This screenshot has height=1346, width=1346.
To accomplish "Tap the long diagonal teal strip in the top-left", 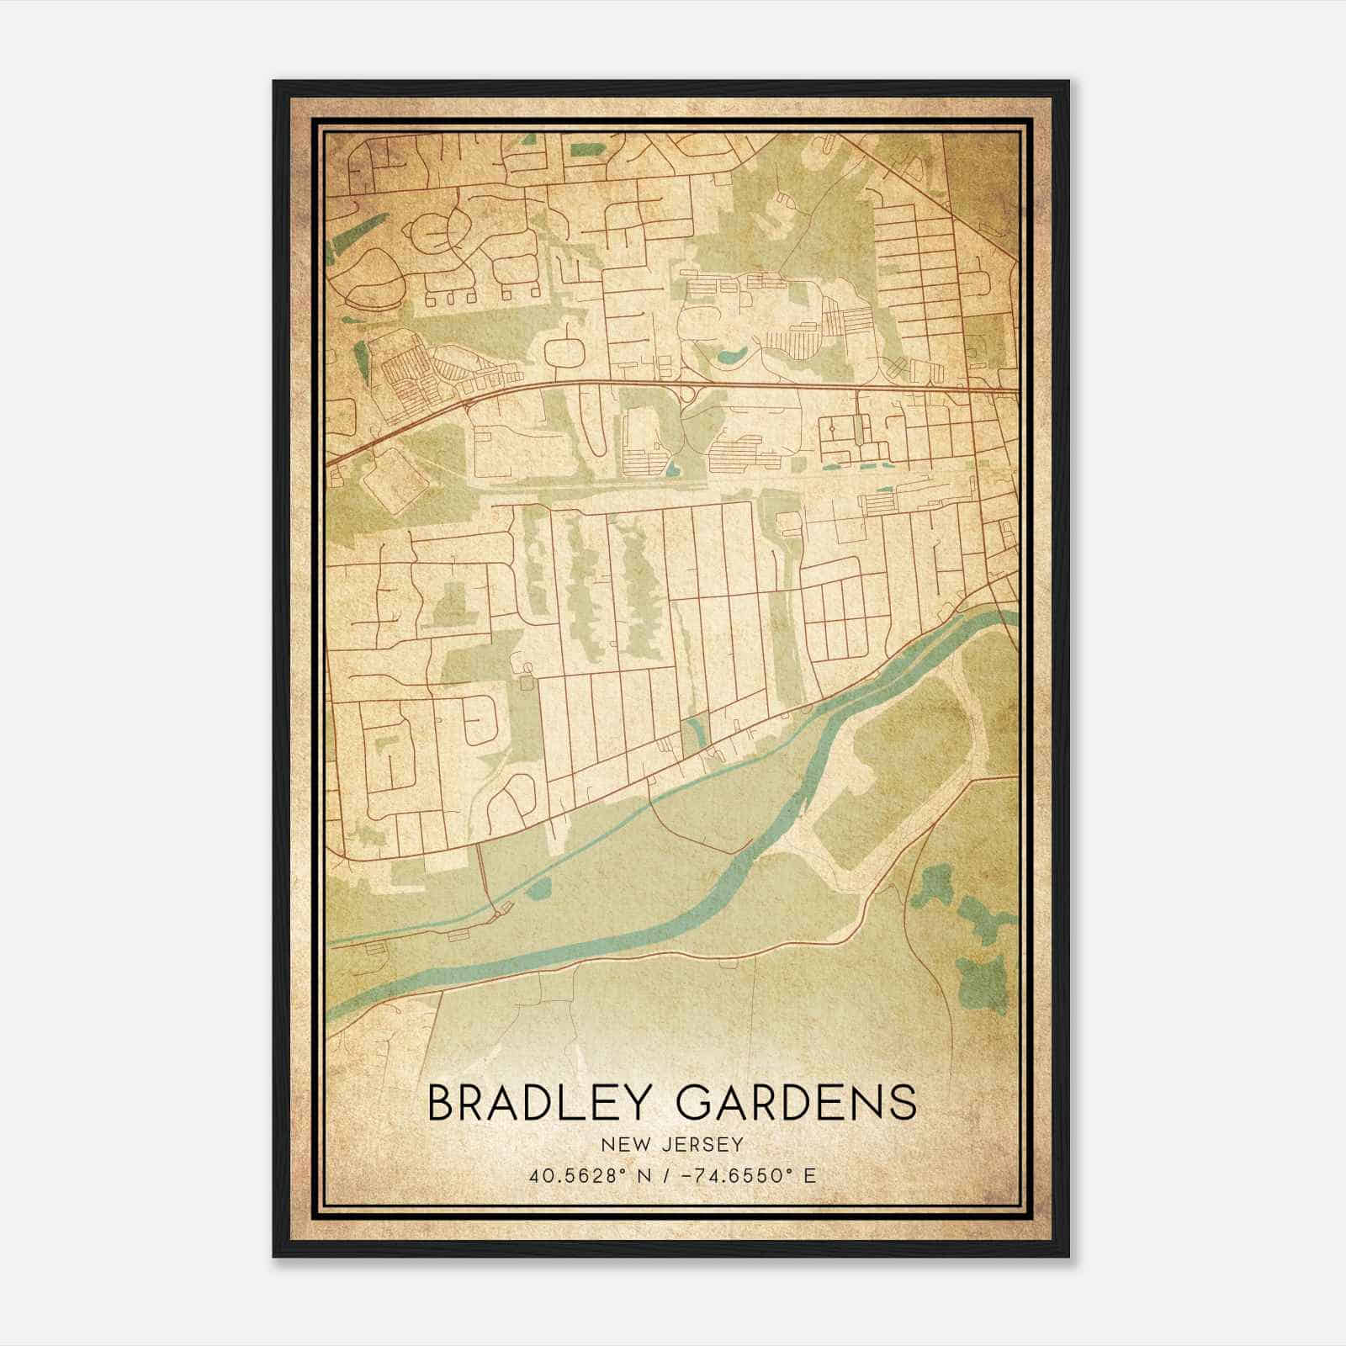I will tap(358, 231).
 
